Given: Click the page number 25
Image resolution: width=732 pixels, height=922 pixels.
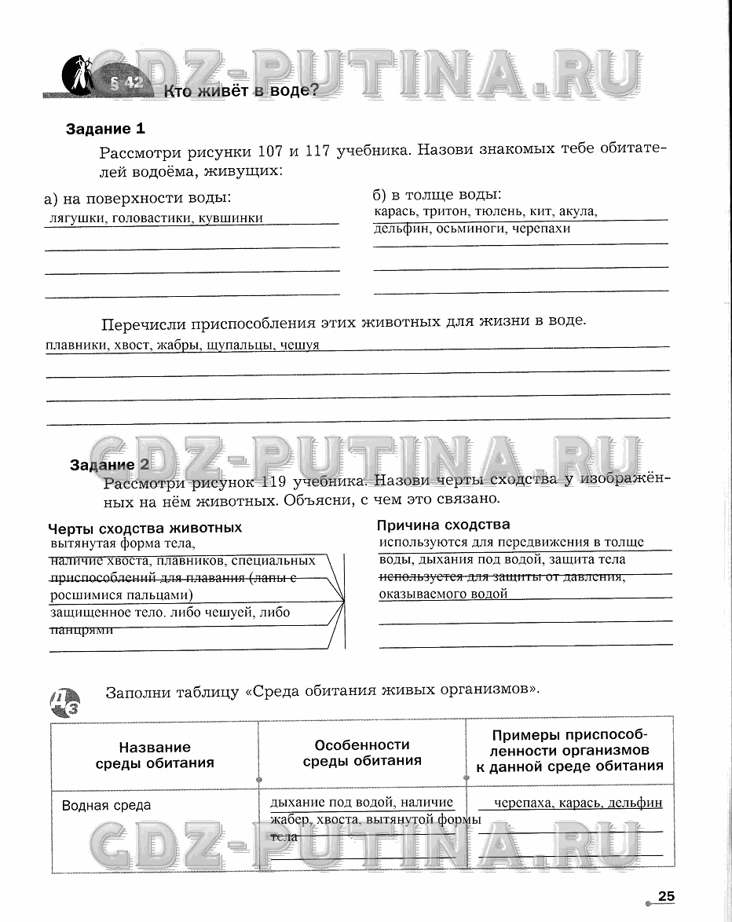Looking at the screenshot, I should coord(666,897).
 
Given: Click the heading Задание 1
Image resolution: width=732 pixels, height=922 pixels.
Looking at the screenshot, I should coord(105,129).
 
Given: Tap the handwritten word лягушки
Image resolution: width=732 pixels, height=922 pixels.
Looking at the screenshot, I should coord(77,218).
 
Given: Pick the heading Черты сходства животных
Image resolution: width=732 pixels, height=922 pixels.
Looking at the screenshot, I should coord(145,528).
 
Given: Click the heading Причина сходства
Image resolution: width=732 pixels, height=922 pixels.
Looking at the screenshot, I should coord(443,525).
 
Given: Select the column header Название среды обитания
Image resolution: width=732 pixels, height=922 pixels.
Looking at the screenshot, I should coord(155,755).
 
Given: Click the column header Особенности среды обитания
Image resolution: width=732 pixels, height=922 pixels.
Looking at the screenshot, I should coord(362,752).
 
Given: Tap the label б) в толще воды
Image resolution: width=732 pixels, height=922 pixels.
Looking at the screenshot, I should coord(437,194).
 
